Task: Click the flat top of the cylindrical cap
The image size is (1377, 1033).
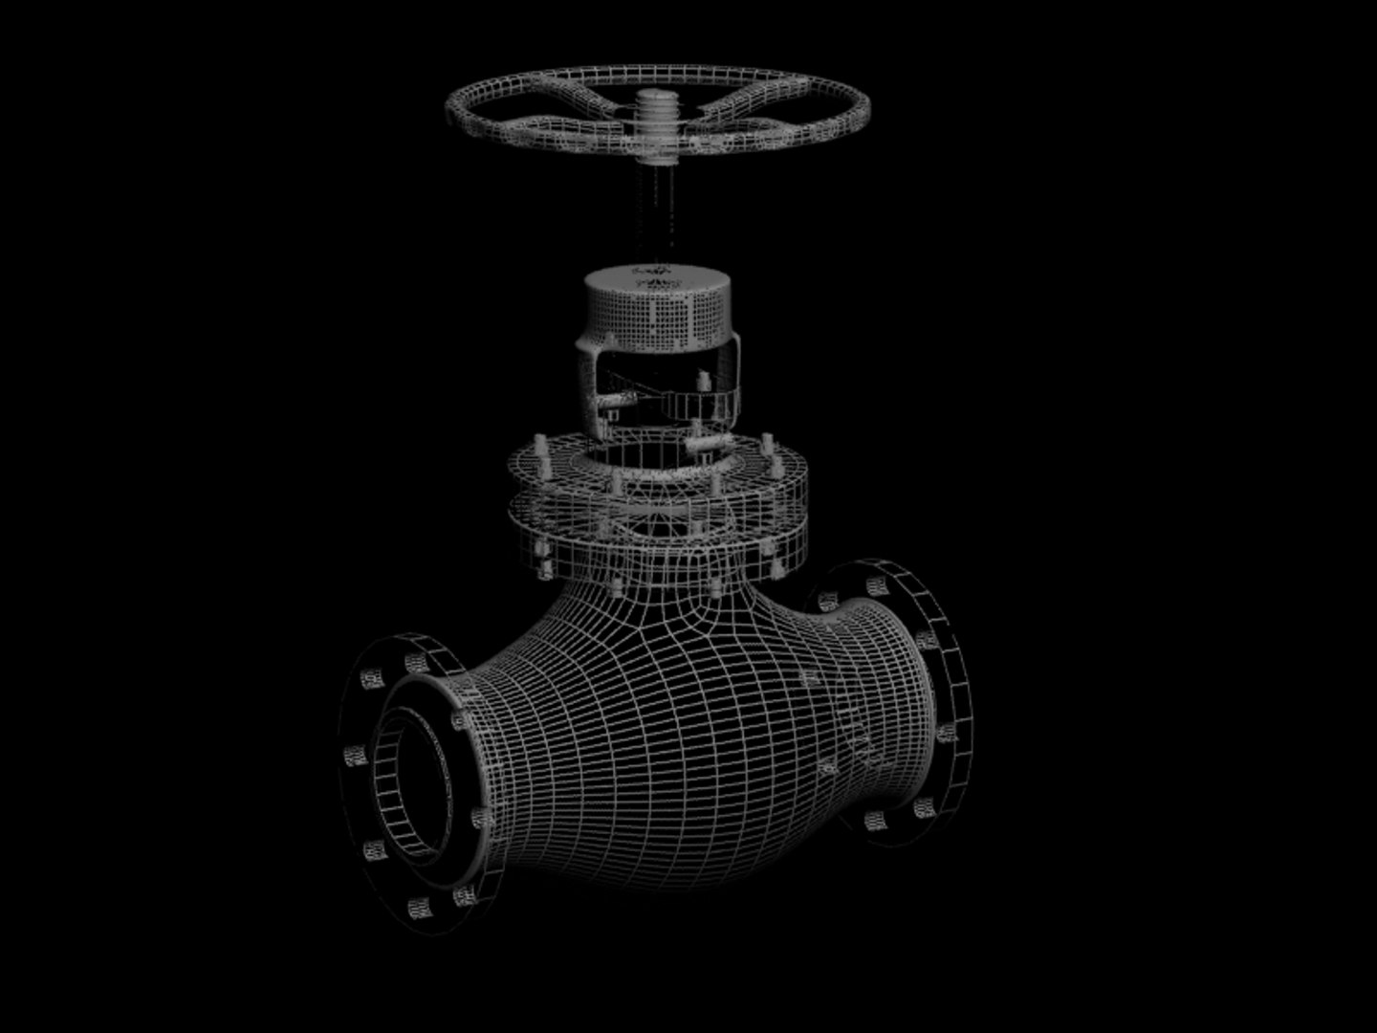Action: tap(658, 278)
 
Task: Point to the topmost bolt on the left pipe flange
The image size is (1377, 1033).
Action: tap(415, 662)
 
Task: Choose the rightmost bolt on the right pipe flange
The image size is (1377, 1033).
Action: tap(947, 735)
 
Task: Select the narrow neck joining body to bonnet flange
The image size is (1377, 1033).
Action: tap(660, 574)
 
